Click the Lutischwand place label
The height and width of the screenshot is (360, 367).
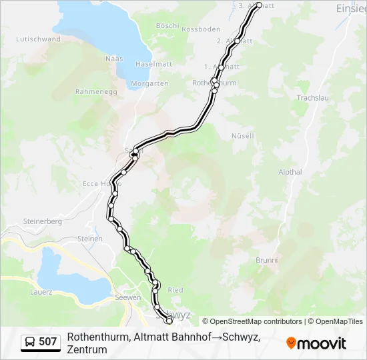point(39,39)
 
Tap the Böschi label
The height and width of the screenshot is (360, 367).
point(167,26)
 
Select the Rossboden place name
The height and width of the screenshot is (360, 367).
point(201,29)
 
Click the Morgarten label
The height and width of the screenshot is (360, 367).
point(149,83)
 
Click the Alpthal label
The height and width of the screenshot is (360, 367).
point(291,171)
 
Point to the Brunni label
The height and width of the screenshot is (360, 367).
point(266,260)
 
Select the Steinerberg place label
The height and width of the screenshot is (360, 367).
point(42,221)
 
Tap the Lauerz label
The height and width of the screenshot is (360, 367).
point(41,292)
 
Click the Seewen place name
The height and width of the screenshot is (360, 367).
point(127,297)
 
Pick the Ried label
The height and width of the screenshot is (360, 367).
point(175,290)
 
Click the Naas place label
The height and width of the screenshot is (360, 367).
point(114,59)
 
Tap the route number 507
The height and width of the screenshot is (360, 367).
point(47,342)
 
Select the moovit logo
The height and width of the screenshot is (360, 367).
point(316,343)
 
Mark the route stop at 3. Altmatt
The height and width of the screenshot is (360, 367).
point(259,5)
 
